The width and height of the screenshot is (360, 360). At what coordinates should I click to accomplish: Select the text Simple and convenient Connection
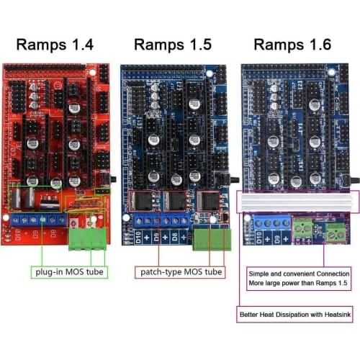pos(295,274)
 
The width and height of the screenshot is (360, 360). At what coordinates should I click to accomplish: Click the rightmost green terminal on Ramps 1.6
pos(335,232)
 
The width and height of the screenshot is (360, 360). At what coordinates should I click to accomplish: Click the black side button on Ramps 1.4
pos(113,177)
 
